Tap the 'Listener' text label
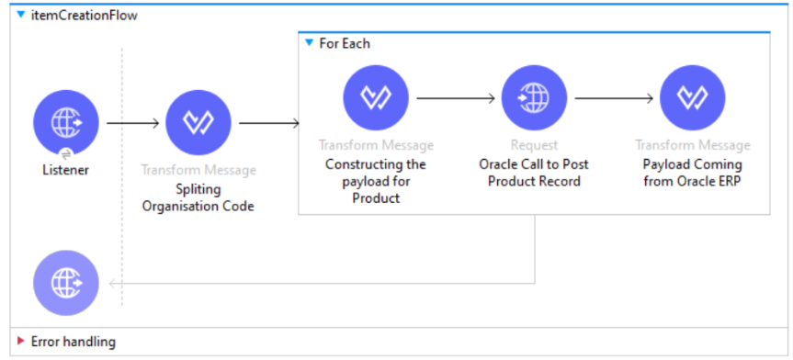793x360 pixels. pyautogui.click(x=66, y=170)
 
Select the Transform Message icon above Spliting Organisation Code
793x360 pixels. pyautogui.click(x=198, y=122)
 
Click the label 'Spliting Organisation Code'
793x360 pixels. pyautogui.click(x=198, y=197)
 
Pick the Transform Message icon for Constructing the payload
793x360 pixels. pyautogui.click(x=376, y=96)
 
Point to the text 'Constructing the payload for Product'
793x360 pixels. pyautogui.click(x=376, y=181)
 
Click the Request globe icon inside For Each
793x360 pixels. pyautogui.click(x=534, y=96)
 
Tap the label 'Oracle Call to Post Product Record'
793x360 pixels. pyautogui.click(x=534, y=173)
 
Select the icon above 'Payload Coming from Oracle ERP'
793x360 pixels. pyautogui.click(x=692, y=96)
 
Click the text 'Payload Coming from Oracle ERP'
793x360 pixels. pyautogui.click(x=692, y=173)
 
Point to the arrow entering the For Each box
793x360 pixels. pyautogui.click(x=269, y=122)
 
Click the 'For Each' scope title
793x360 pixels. pyautogui.click(x=345, y=43)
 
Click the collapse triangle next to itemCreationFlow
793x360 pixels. pyautogui.click(x=21, y=16)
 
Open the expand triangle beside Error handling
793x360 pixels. pyautogui.click(x=20, y=342)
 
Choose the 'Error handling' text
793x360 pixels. pyautogui.click(x=74, y=342)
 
